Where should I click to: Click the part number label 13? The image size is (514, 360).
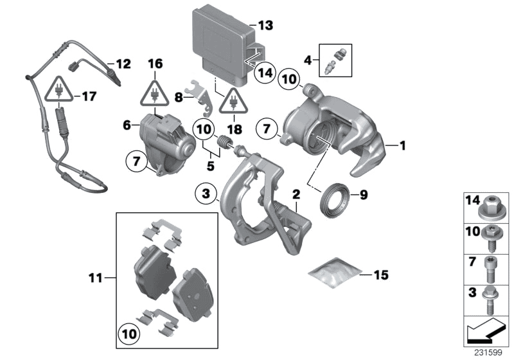(265, 26)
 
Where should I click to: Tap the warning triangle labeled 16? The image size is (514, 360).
(155, 93)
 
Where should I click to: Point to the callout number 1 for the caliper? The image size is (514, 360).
(403, 146)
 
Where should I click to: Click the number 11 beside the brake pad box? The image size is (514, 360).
(96, 278)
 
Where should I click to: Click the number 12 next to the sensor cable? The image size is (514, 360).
(122, 64)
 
